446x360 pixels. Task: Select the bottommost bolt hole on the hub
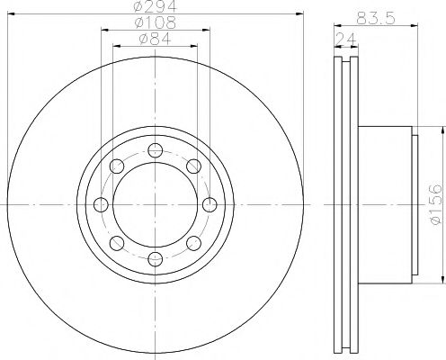pos(155,259)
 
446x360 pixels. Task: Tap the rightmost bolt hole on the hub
pos(210,203)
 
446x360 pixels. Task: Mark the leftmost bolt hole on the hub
pos(100,203)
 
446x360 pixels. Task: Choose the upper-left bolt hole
pos(116,165)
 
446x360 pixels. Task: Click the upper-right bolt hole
pos(193,165)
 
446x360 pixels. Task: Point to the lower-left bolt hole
pos(116,243)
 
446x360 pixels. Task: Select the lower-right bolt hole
pos(193,243)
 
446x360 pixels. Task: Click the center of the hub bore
pos(155,203)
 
